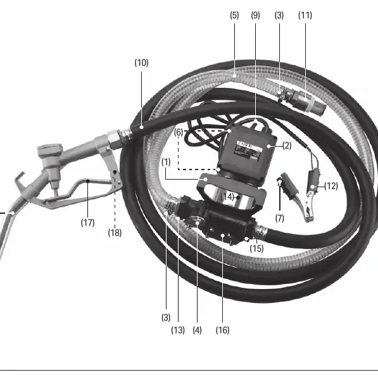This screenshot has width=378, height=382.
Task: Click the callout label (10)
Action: point(141,63)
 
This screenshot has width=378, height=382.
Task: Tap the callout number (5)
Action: point(234,15)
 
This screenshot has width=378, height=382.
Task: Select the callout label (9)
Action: point(255,15)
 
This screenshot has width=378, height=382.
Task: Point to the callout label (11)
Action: point(305,15)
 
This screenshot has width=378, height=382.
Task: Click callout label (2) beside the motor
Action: point(287,145)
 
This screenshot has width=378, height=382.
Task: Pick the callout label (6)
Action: point(179,133)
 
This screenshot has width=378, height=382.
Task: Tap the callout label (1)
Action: point(166,162)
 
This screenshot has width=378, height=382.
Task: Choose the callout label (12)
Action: point(331,186)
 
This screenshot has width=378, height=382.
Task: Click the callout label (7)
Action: point(280,218)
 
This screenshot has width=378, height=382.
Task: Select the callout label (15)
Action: point(256,249)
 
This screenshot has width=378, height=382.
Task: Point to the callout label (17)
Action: point(87,223)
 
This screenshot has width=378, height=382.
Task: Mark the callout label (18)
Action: point(115,233)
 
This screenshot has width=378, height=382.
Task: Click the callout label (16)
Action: point(222,330)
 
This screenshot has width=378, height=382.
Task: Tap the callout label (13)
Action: point(178,330)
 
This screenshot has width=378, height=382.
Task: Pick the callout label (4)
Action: point(197,330)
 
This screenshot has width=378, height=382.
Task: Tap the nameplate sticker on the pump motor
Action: point(248,149)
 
